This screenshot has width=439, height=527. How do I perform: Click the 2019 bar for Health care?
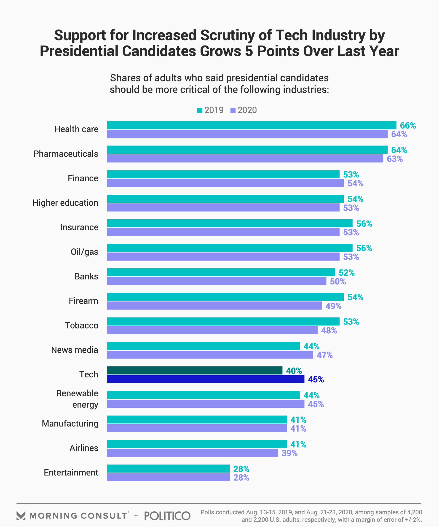coord(251,125)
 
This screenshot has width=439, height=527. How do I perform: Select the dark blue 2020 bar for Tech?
coord(206,379)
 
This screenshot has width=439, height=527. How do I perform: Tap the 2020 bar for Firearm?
coord(214,306)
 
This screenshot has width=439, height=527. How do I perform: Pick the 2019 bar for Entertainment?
coord(168,468)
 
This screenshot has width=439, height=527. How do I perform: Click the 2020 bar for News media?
coord(210,355)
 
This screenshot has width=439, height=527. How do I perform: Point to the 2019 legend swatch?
coord(200,110)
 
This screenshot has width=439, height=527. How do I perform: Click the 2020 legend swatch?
coord(233,110)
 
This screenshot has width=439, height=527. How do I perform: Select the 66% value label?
coord(408,126)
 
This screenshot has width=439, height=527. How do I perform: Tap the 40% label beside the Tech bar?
coord(294,371)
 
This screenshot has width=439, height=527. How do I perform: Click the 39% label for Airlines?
coord(289,453)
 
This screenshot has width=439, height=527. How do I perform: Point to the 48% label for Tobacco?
coord(329,330)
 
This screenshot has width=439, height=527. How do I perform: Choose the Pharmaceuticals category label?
coord(66,153)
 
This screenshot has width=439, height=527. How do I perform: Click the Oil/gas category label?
coord(84,252)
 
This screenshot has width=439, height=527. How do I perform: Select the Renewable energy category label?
coord(77,399)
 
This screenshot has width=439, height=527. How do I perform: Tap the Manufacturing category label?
coord(70,423)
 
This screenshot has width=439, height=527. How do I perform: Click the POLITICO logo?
coord(167,516)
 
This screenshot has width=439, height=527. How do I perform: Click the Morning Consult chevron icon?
coord(21,516)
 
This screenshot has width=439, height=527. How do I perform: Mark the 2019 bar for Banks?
coord(221,272)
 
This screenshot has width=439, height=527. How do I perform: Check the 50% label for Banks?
coord(338,281)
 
